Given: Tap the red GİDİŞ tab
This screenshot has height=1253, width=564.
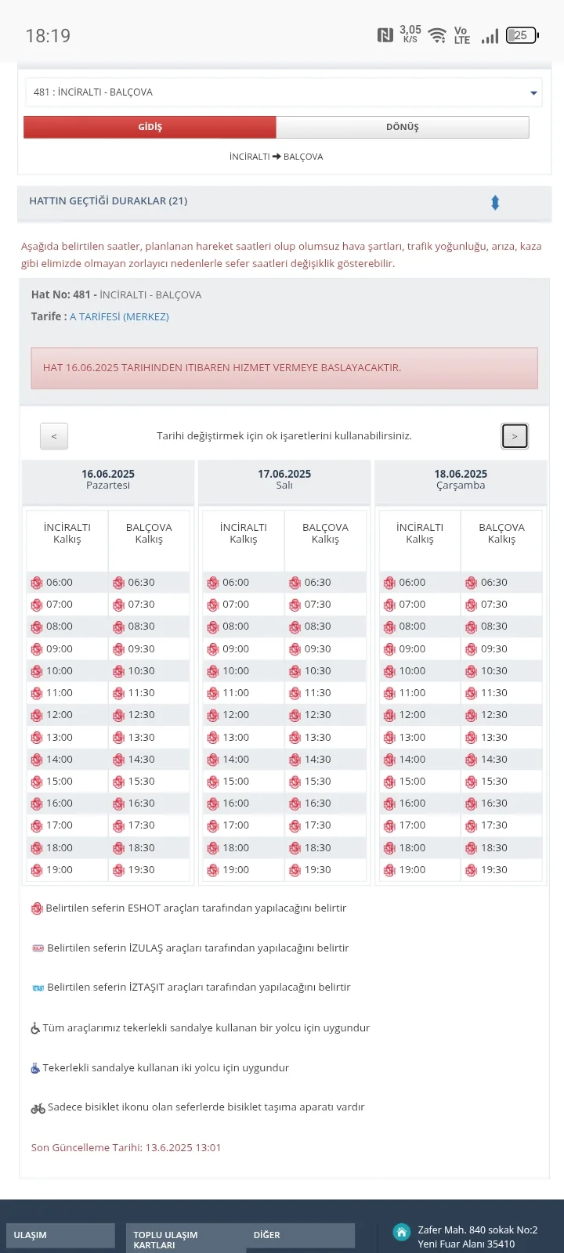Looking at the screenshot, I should pos(150,127).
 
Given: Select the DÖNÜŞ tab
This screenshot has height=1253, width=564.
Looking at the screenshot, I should pos(402,127).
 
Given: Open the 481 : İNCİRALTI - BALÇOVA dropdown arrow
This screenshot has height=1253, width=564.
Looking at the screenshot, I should pos(533,93).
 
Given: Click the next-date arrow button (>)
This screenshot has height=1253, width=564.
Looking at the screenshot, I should pos(515,436).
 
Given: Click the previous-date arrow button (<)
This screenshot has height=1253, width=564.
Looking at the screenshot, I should pos(54,436).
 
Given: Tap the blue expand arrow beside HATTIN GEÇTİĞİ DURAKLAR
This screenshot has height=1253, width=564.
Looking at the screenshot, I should pos(495,203).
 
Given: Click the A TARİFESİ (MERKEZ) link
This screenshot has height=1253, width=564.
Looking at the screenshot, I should pos(119,316).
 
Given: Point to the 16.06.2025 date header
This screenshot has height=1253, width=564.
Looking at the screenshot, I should pos(108,474).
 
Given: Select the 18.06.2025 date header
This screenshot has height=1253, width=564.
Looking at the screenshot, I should pos(461,474).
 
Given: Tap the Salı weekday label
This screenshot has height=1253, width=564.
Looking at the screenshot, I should pos(284,486).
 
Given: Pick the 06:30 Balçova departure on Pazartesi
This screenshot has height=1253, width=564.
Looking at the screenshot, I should pos(141,583).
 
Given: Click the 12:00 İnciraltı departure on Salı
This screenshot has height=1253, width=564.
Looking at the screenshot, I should pos(235,715).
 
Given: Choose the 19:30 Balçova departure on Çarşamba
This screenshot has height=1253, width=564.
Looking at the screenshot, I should pos(493,870).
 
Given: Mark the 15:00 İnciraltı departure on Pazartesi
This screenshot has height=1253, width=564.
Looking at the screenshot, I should pos(59,782).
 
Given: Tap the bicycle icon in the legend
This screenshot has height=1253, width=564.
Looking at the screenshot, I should pos(38,1108).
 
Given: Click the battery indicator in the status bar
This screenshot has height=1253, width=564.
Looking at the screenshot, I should pos(521,35).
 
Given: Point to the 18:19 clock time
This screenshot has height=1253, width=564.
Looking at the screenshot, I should pos(48,36).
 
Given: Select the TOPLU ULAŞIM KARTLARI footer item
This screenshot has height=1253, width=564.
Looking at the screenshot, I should pos(165,1240).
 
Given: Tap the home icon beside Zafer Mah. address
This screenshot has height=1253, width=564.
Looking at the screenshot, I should pos(402,1233).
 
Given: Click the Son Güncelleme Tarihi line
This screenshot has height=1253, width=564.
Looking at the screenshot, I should pos(126,1147).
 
